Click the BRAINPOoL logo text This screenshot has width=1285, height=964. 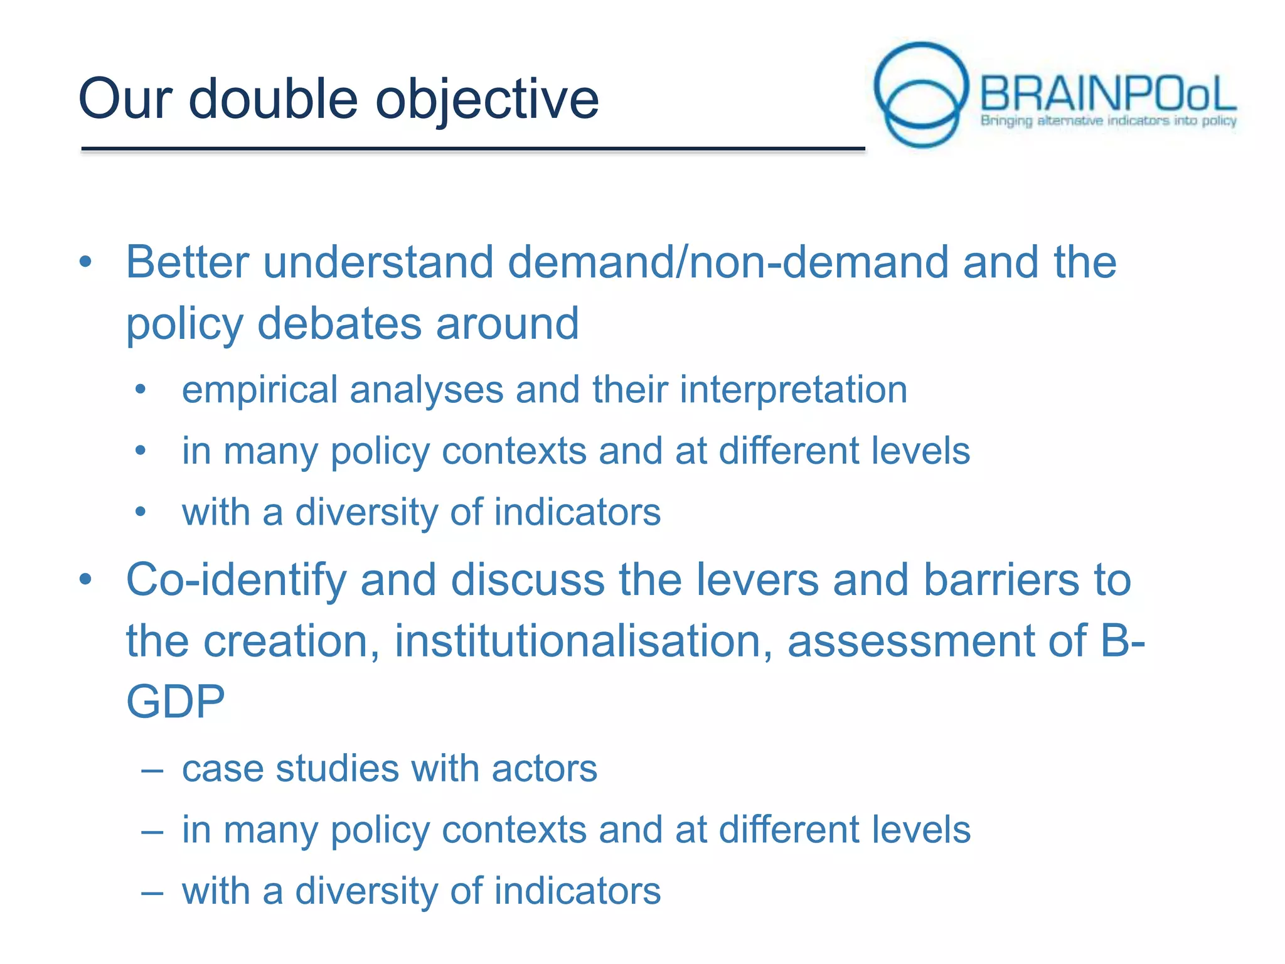pos(1107,94)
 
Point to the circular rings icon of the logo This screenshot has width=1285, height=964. pos(920,94)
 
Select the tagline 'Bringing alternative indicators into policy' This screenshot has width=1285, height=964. pos(1108,120)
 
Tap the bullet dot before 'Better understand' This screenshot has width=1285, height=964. pos(86,262)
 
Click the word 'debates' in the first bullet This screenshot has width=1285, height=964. pos(339,324)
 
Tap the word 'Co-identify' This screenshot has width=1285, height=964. pos(236,579)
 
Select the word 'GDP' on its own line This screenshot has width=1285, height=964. pos(175,702)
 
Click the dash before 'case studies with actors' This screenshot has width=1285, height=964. pos(152,769)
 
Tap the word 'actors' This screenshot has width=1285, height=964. pos(544,769)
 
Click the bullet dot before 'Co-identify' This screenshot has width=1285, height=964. pos(86,579)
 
